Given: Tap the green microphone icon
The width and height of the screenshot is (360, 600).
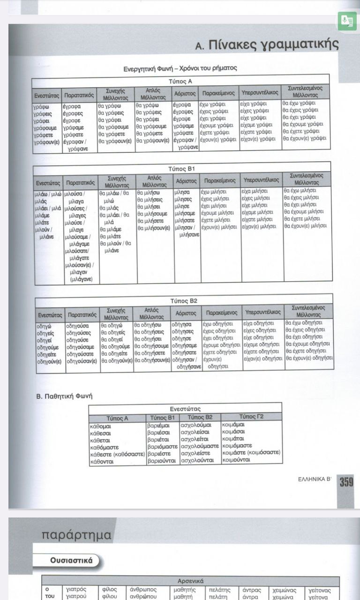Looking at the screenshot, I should tap(347, 21).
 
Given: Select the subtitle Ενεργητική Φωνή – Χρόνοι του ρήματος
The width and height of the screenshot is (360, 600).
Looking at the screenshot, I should tap(180, 68).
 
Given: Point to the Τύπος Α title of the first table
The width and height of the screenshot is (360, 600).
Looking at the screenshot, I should tap(180, 81).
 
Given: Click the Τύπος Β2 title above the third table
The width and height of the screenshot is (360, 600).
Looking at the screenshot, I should tap(184, 300).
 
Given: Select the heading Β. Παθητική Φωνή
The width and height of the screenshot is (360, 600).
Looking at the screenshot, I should tap(65, 396).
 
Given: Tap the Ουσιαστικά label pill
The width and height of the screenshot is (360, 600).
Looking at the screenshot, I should tap(71, 560).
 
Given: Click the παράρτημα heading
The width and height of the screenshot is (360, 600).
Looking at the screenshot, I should tap(76, 535).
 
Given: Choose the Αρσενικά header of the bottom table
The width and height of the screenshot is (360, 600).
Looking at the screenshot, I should tap(190, 581).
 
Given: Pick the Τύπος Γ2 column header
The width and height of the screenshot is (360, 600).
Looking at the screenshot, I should tap(251, 417).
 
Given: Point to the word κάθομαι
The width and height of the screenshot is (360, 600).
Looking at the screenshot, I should tap(100, 427).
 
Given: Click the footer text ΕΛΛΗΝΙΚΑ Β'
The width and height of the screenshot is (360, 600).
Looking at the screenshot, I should tap(315, 480).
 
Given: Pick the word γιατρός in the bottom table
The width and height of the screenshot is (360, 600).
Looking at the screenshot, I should tap(77, 590).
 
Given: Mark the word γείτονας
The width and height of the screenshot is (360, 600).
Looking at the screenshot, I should tap(320, 590).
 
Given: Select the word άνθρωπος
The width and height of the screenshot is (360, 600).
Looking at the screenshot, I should tap(143, 590).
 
